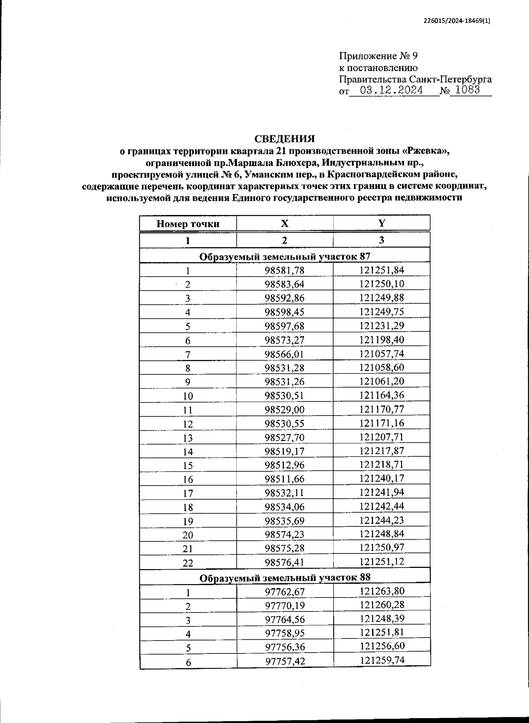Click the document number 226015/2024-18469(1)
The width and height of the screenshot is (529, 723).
point(456,21)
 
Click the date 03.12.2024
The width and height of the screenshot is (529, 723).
point(391,91)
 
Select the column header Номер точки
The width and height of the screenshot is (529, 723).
point(188,224)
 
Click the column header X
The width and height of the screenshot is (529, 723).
point(285,223)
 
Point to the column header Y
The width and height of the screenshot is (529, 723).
point(381,223)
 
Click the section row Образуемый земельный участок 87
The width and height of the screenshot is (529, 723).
point(285,256)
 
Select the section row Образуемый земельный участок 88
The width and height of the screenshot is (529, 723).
point(285,577)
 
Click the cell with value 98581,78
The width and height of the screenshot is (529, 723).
point(284,271)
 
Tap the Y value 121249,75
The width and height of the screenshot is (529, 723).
point(381,312)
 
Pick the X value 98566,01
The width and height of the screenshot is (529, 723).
point(284,354)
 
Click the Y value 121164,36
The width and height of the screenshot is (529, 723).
point(381,395)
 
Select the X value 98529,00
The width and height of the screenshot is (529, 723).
point(284,410)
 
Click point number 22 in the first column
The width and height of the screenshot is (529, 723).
point(188,563)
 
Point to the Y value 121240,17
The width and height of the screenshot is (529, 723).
point(381,478)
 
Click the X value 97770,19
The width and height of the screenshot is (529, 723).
point(285,606)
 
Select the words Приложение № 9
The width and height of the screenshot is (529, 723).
point(378,56)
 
